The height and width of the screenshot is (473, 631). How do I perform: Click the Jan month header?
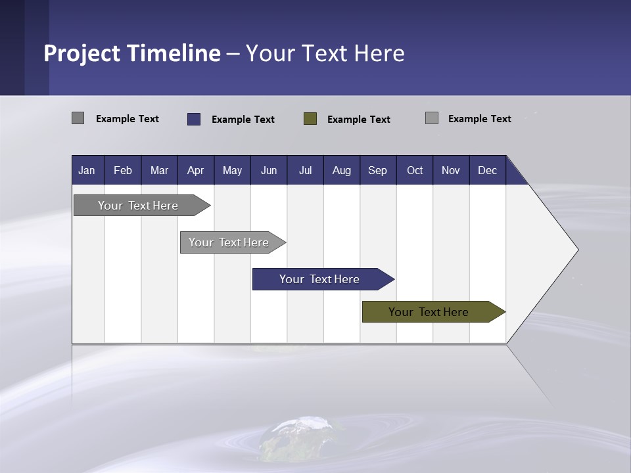click(x=87, y=170)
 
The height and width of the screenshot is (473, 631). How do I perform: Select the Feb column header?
click(x=123, y=170)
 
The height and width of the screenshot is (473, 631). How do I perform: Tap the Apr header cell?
click(x=195, y=170)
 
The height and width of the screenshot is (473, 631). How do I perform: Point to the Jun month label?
click(x=268, y=170)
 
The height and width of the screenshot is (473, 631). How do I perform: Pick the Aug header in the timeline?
click(x=341, y=170)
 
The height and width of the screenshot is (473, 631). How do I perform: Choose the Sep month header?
click(x=377, y=170)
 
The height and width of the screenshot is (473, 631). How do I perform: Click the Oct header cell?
click(x=415, y=170)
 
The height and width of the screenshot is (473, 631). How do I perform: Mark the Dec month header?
click(x=487, y=170)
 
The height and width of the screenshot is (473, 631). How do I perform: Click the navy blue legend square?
click(x=194, y=119)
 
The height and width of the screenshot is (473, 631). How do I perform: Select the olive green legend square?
click(x=310, y=118)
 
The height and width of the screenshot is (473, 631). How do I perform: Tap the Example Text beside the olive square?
click(x=358, y=119)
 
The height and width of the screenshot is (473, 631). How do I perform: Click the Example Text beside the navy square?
click(x=243, y=119)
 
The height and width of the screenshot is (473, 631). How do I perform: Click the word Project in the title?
click(x=82, y=53)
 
